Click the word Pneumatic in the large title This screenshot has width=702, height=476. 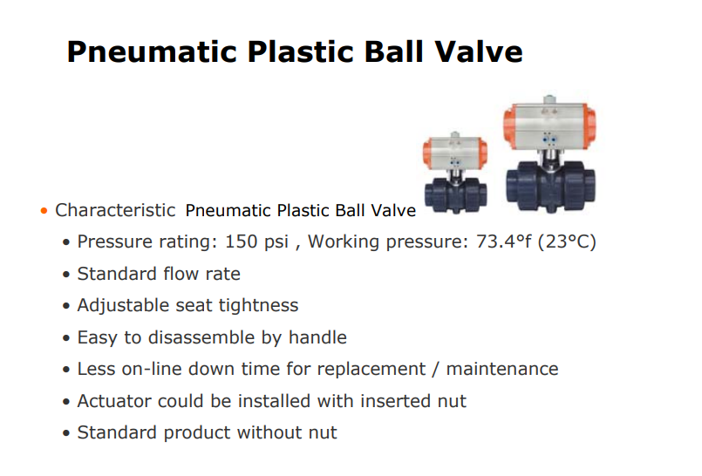click(x=152, y=53)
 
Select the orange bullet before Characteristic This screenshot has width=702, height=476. click(x=44, y=211)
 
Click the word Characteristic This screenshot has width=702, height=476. click(x=115, y=210)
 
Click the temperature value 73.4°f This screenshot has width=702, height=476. click(x=503, y=241)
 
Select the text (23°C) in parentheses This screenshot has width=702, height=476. click(x=567, y=242)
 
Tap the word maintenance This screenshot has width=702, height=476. click(x=502, y=370)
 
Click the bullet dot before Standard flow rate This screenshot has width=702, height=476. click(x=66, y=275)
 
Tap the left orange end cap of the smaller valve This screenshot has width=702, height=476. click(x=427, y=154)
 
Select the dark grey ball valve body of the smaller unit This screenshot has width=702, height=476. click(x=456, y=194)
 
